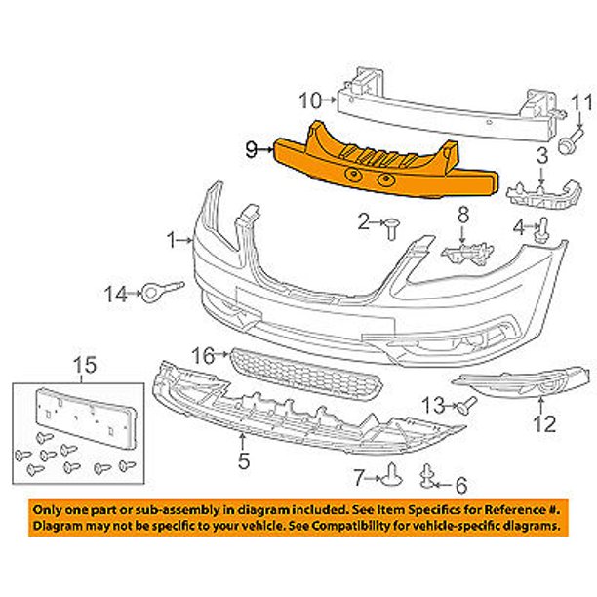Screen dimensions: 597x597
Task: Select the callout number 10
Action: (309, 99)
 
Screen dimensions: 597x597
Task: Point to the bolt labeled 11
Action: (567, 144)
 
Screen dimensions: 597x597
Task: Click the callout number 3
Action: (540, 156)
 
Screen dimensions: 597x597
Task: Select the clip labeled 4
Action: (545, 230)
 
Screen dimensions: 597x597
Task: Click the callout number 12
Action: (543, 424)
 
